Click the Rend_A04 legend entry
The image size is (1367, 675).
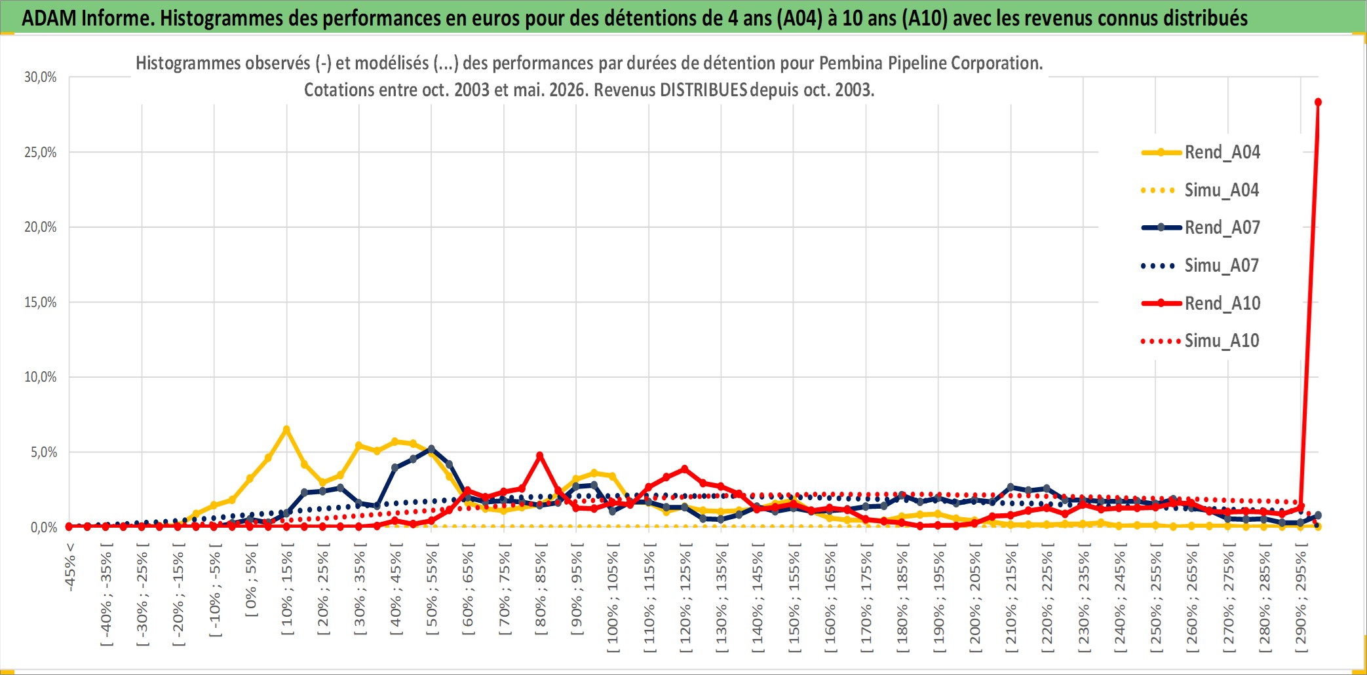tap(1201, 153)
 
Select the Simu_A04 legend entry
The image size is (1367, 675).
tap(1201, 191)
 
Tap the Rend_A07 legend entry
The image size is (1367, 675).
tap(1201, 228)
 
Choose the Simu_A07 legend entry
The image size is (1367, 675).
tap(1201, 266)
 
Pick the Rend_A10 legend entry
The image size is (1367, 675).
tap(1201, 304)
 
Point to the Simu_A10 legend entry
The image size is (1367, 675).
tap(1201, 341)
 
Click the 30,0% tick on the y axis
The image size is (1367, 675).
tap(41, 77)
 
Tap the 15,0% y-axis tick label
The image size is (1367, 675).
tap(41, 302)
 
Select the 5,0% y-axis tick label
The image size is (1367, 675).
tap(44, 452)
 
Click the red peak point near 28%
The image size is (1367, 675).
tap(1318, 102)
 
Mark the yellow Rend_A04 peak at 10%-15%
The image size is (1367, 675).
tap(286, 429)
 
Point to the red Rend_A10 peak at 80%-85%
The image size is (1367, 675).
tap(539, 456)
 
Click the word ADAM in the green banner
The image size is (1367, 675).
tap(49, 18)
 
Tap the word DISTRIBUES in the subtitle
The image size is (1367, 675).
tap(704, 90)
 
